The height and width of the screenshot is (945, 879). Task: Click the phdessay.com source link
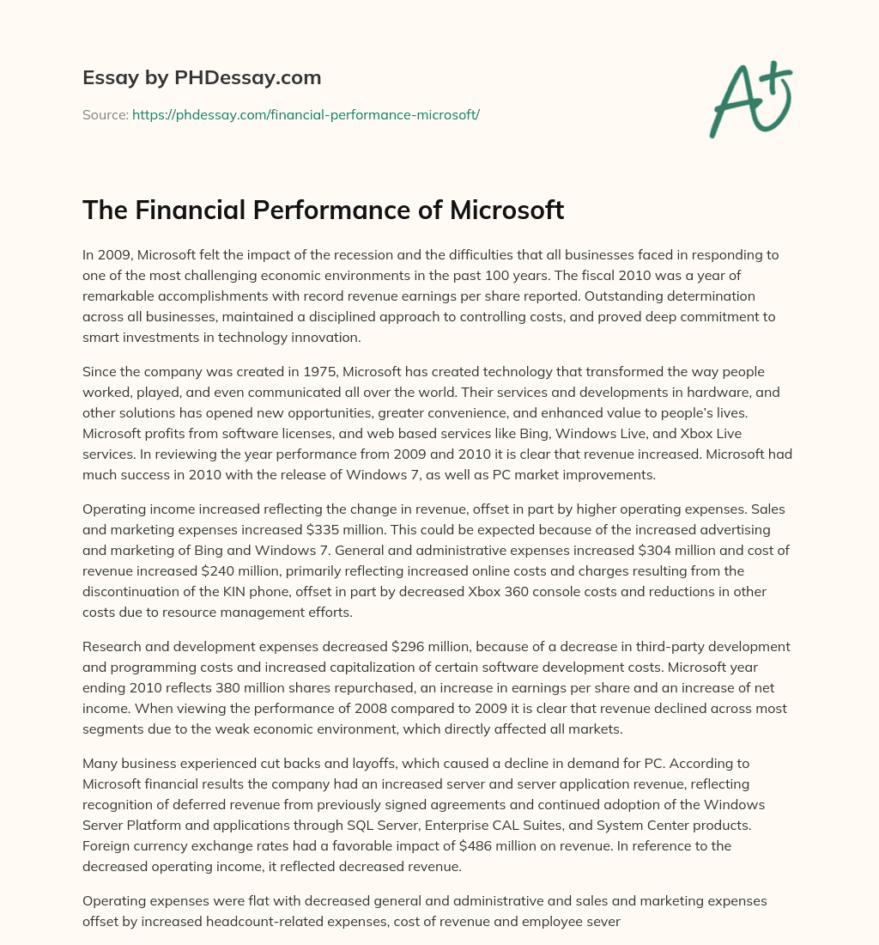(306, 114)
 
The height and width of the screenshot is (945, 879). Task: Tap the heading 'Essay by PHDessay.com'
(202, 78)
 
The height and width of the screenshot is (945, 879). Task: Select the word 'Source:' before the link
(105, 114)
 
